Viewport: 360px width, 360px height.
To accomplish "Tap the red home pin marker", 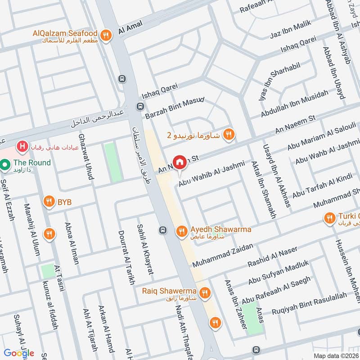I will point(180,162).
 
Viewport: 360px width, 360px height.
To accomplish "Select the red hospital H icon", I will point(21,146).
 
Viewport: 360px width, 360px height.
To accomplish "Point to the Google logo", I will point(19,352).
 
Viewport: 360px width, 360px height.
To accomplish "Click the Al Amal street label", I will point(127,29).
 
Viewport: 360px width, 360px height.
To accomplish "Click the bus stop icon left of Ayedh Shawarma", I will point(162,231).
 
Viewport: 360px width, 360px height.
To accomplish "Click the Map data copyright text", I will point(335,355).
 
